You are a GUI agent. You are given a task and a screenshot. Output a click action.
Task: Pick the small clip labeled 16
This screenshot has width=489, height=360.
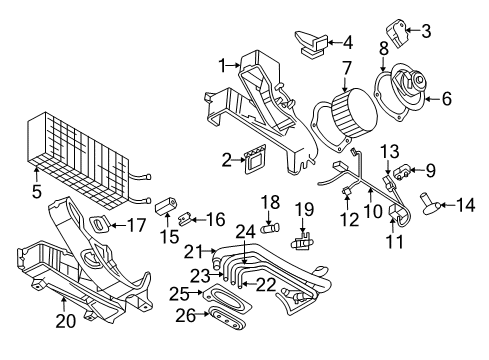[190, 217]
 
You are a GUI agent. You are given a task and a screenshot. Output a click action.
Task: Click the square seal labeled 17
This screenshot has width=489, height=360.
[101, 225]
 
